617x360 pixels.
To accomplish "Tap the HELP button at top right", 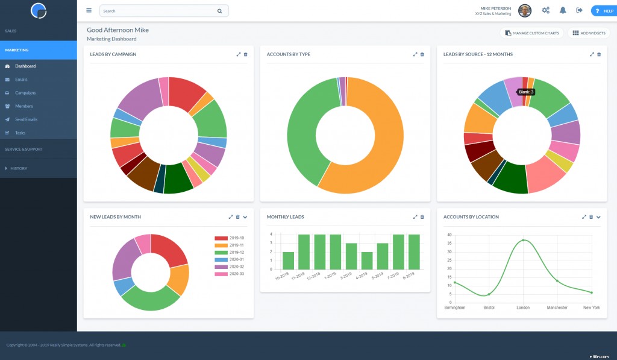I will click(603, 11).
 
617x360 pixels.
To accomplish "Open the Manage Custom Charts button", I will click(532, 33).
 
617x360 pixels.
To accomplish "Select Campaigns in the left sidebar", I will click(25, 93).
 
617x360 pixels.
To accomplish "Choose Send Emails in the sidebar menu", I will click(26, 119).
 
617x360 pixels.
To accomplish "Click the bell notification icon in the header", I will click(563, 10).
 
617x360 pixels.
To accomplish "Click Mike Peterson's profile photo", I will click(525, 11).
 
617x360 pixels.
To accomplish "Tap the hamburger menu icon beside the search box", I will click(89, 10).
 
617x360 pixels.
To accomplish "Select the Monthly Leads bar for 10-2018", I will click(288, 261).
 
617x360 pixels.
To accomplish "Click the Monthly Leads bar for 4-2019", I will click(367, 261).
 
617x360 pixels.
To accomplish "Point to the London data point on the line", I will click(523, 240).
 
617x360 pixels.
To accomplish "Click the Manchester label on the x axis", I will click(557, 308).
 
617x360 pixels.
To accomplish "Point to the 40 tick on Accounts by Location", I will click(449, 235).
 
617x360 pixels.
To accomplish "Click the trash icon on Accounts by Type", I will click(422, 54).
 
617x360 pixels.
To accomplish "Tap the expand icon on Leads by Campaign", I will click(239, 54).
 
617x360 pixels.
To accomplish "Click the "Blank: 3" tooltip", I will click(526, 92).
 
